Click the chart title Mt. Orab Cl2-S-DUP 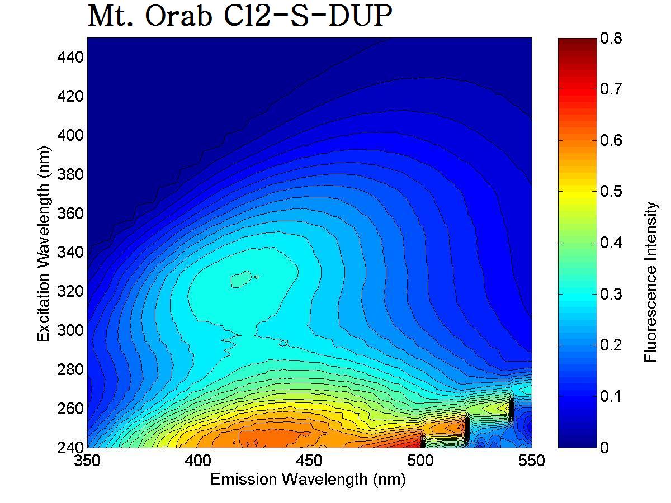[x=239, y=17]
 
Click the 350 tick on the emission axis [x=88, y=461]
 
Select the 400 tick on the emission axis [x=199, y=461]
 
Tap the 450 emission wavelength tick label [x=310, y=461]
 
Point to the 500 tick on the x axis [x=420, y=461]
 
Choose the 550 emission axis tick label [x=531, y=461]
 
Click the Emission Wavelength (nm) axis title [x=308, y=480]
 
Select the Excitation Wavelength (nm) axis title [x=44, y=243]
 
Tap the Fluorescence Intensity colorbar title [x=651, y=282]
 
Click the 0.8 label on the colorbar [x=610, y=38]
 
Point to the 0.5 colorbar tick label [x=610, y=192]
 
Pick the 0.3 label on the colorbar [x=610, y=294]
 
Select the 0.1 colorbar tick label [x=610, y=396]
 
